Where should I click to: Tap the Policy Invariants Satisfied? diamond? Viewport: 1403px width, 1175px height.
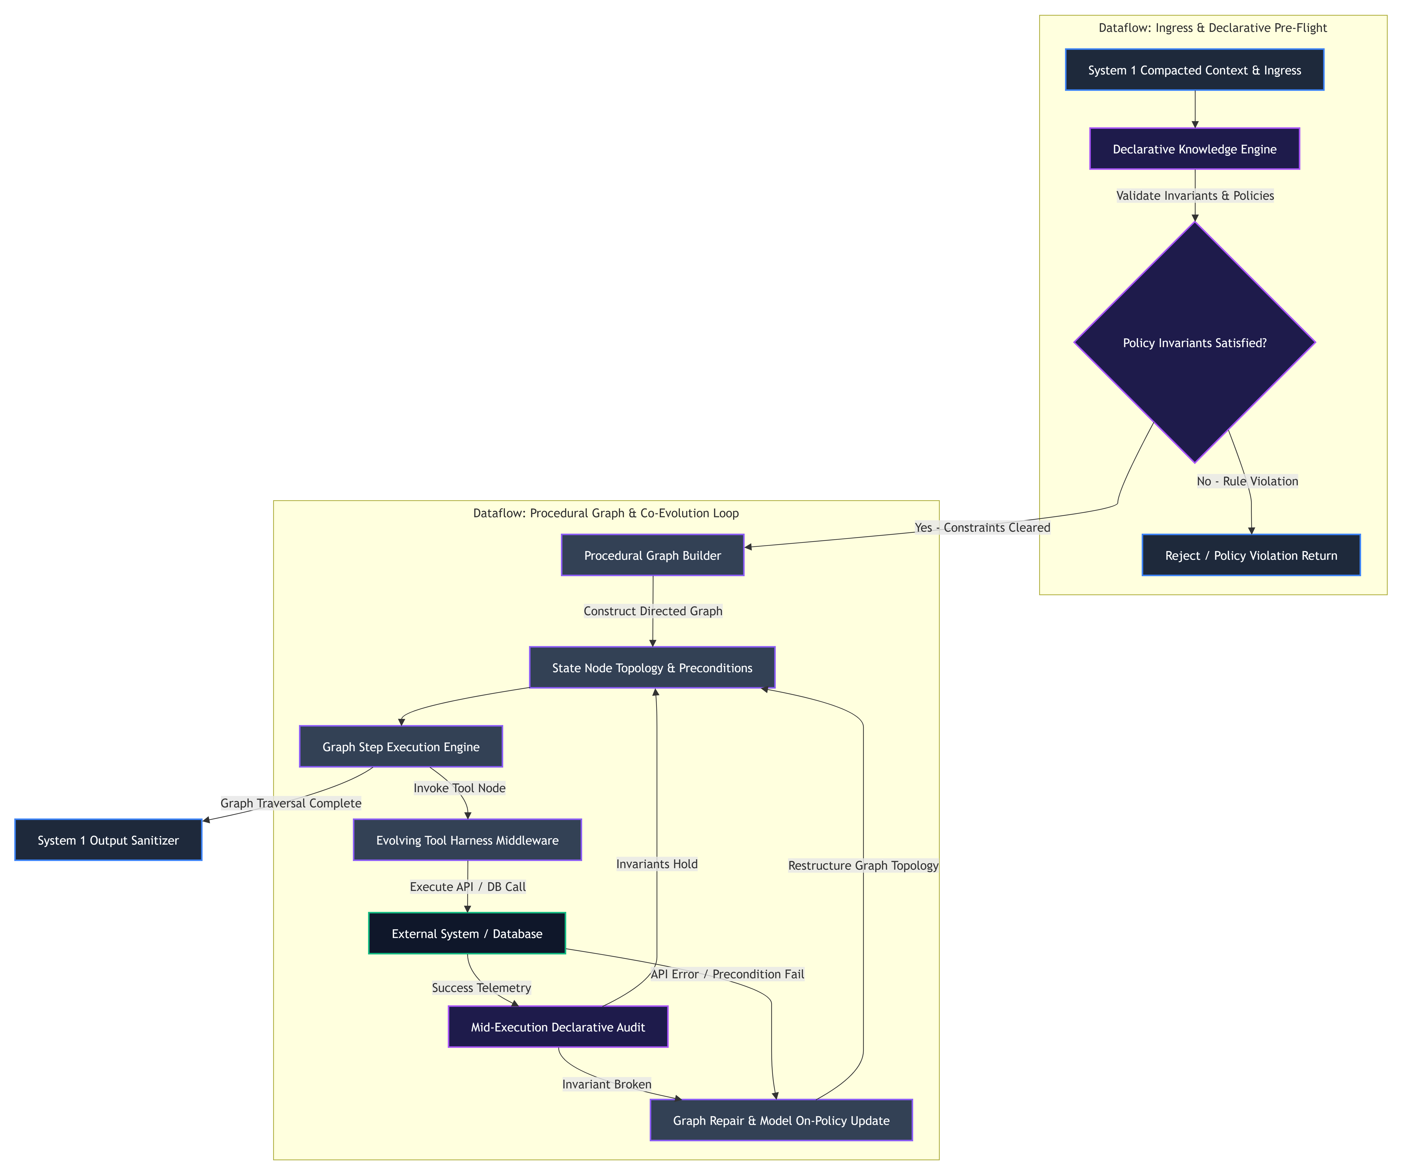pyautogui.click(x=1195, y=342)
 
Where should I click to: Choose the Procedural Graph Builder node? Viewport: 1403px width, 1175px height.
pyautogui.click(x=653, y=555)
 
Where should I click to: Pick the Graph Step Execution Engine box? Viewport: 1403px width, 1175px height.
pyautogui.click(x=401, y=747)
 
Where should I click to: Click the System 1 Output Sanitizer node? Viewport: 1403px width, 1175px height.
pyautogui.click(x=108, y=840)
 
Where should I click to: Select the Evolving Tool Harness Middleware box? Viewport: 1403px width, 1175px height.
pyautogui.click(x=468, y=840)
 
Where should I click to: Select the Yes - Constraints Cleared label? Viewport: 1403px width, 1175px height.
pyautogui.click(x=982, y=527)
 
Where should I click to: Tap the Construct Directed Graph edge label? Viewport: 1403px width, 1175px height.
pyautogui.click(x=653, y=611)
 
